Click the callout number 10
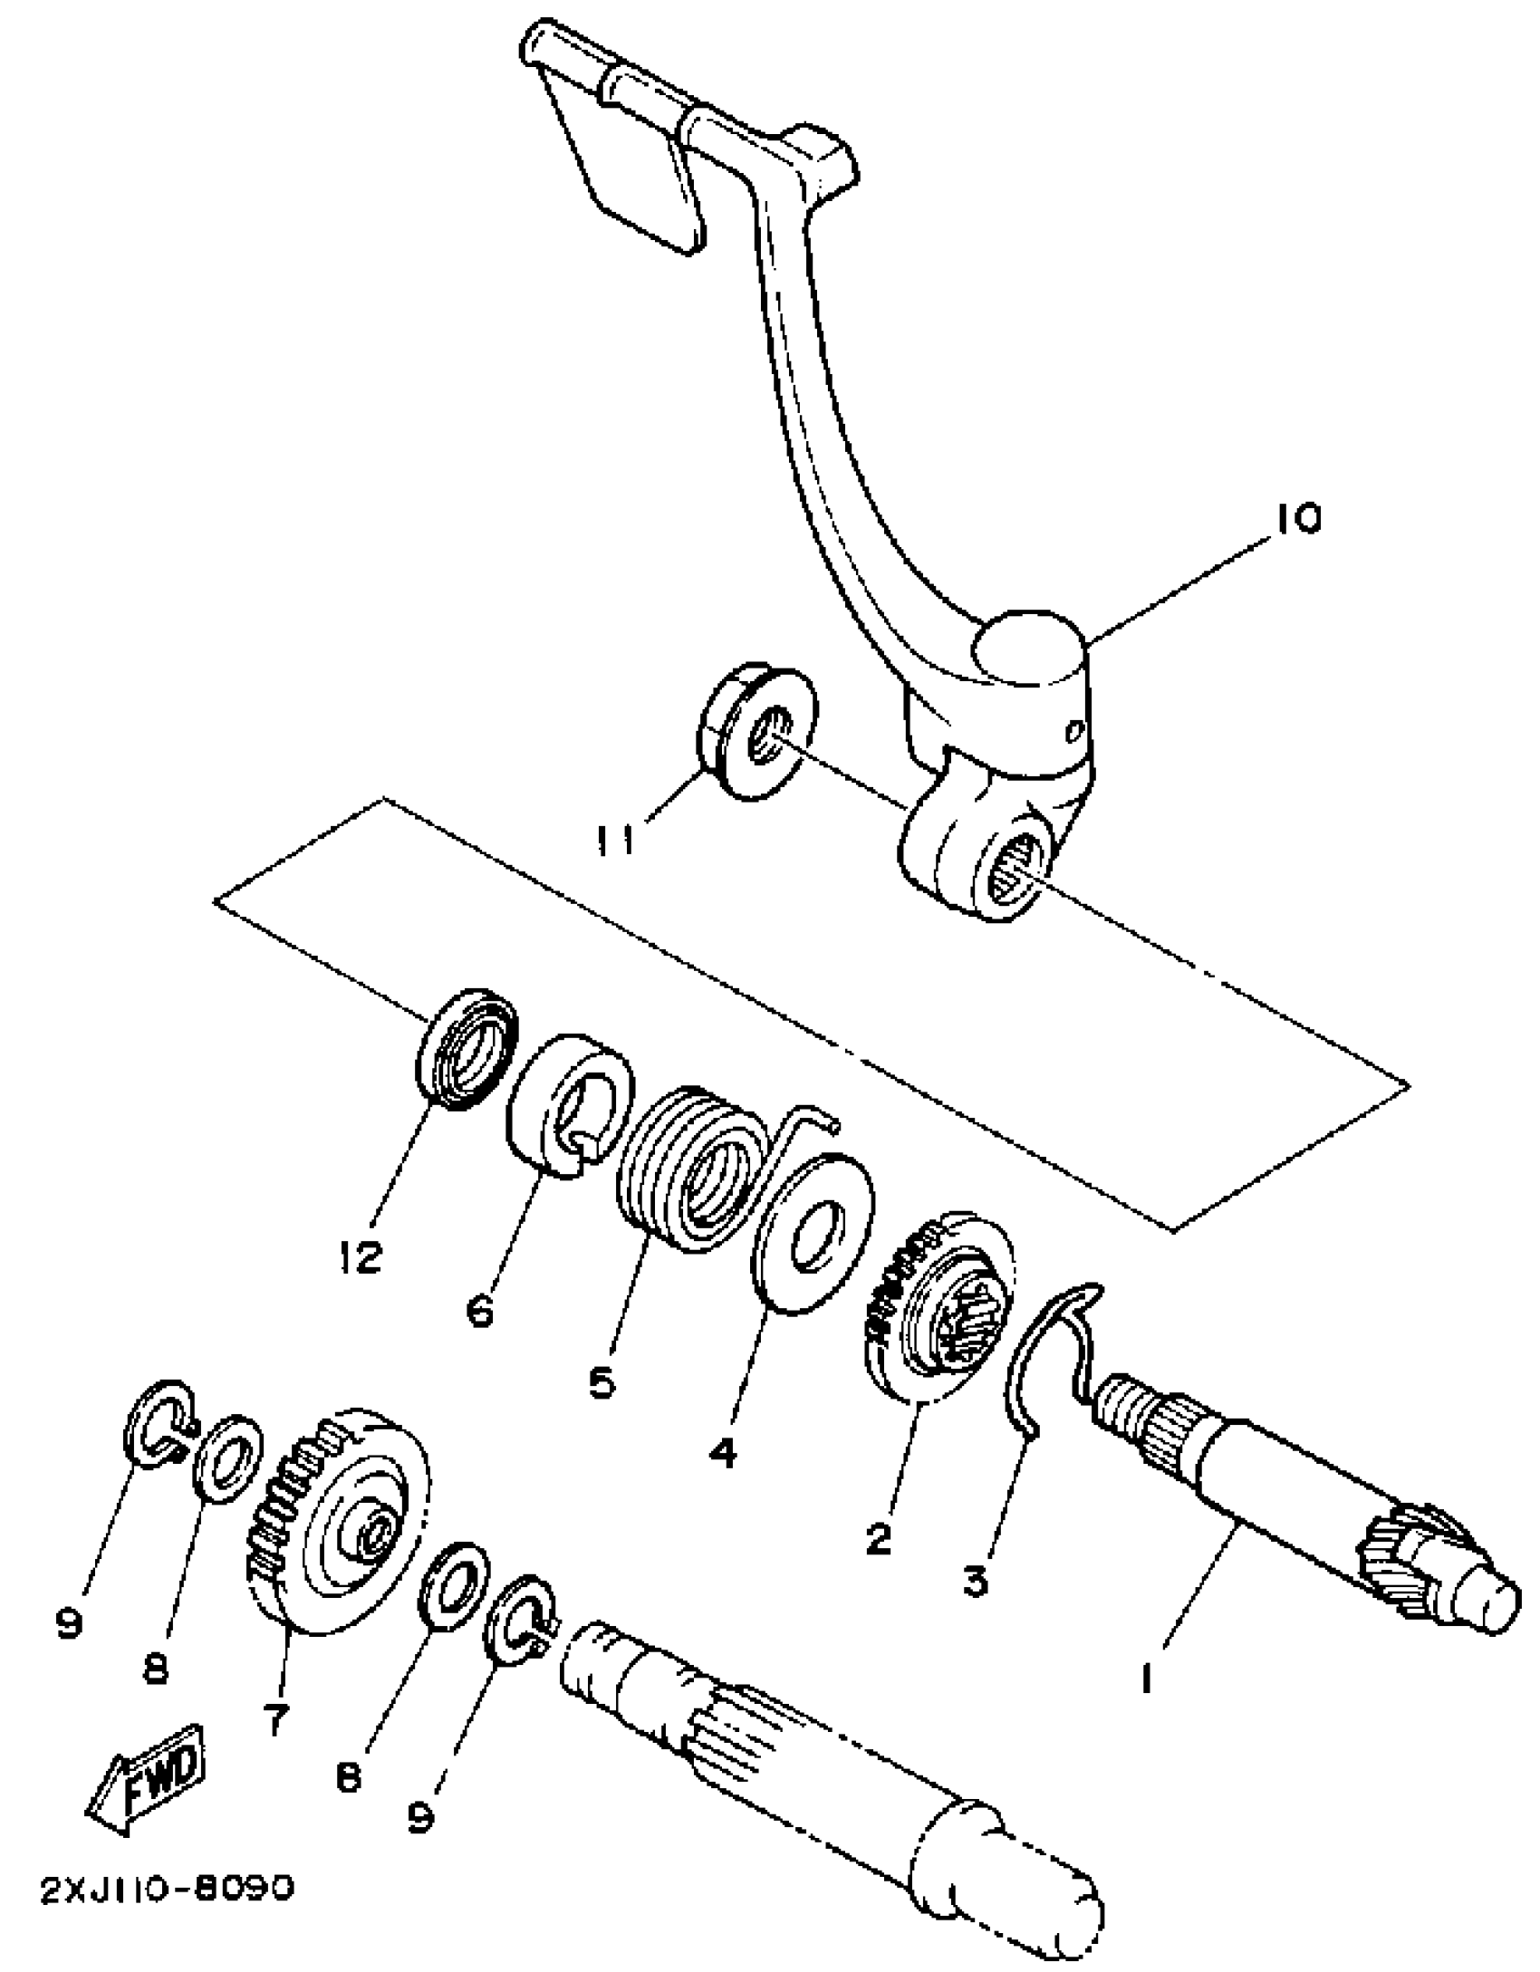click(1297, 519)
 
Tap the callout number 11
click(615, 837)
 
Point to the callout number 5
click(602, 1382)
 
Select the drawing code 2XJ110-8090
click(168, 1889)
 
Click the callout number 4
click(722, 1452)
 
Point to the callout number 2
click(878, 1537)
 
